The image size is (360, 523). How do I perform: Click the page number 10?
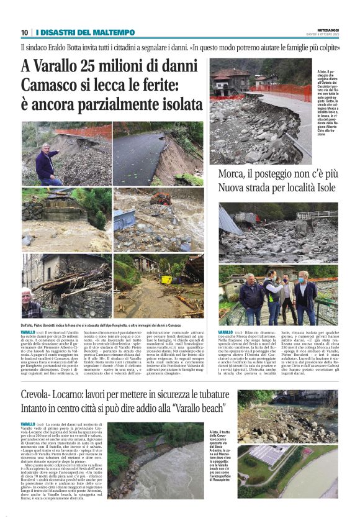24,32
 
